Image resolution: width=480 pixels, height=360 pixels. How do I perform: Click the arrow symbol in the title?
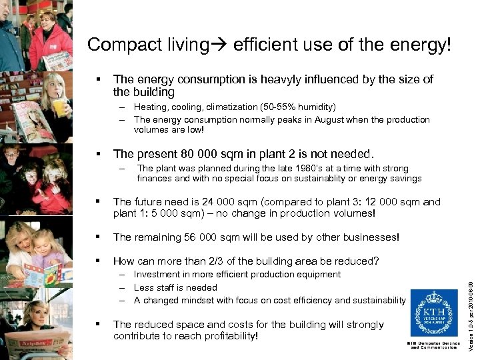(x=220, y=45)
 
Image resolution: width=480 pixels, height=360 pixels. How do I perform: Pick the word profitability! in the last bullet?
(x=225, y=335)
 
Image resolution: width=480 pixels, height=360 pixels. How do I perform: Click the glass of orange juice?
(x=60, y=107)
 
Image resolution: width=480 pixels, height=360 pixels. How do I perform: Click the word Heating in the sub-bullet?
(x=150, y=107)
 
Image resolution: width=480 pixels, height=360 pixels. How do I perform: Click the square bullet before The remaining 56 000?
(x=98, y=237)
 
